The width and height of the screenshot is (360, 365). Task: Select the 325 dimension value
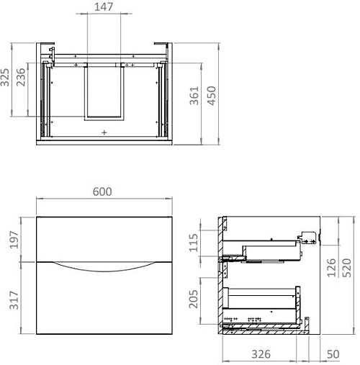pyautogui.click(x=6, y=78)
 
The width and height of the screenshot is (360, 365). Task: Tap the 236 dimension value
pyautogui.click(x=22, y=78)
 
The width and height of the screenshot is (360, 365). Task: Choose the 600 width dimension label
pyautogui.click(x=105, y=192)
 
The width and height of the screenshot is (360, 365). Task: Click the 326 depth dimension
pyautogui.click(x=261, y=354)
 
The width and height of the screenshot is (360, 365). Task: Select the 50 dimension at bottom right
pyautogui.click(x=333, y=354)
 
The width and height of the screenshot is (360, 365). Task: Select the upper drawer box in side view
pyautogui.click(x=270, y=251)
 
